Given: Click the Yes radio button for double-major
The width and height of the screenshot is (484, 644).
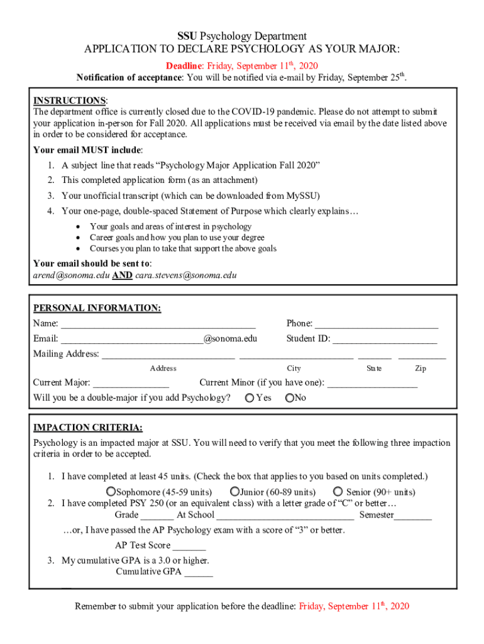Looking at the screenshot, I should pyautogui.click(x=250, y=397).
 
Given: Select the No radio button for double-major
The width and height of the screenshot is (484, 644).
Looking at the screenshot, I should pyautogui.click(x=290, y=397).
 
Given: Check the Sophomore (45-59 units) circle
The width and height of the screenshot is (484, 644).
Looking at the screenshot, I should pyautogui.click(x=111, y=491).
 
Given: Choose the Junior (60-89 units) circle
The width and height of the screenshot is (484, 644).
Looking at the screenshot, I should pyautogui.click(x=234, y=491).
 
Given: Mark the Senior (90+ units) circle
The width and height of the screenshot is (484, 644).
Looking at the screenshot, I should pyautogui.click(x=338, y=491).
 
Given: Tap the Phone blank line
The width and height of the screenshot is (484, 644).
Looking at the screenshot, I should pyautogui.click(x=376, y=325).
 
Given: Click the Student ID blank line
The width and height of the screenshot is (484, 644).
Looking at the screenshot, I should pyautogui.click(x=385, y=340).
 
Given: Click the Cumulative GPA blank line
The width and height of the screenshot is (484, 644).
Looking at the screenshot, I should pyautogui.click(x=199, y=572).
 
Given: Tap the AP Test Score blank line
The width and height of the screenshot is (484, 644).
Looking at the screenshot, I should pyautogui.click(x=189, y=546).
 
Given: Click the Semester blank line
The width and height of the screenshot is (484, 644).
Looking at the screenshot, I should pyautogui.click(x=413, y=516).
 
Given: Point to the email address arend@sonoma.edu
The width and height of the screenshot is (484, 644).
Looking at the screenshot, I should pyautogui.click(x=70, y=275).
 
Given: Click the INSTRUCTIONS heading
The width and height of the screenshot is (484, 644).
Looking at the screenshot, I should pyautogui.click(x=70, y=101).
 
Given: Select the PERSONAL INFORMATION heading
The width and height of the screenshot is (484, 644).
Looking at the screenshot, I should pyautogui.click(x=97, y=308).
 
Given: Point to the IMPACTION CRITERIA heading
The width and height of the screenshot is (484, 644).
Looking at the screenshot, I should pyautogui.click(x=87, y=428).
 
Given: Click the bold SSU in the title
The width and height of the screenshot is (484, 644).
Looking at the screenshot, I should pyautogui.click(x=187, y=36).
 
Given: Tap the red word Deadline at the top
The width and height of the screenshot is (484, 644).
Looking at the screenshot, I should pyautogui.click(x=184, y=66).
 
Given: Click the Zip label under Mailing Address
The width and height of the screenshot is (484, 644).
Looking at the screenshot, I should pyautogui.click(x=421, y=369).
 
